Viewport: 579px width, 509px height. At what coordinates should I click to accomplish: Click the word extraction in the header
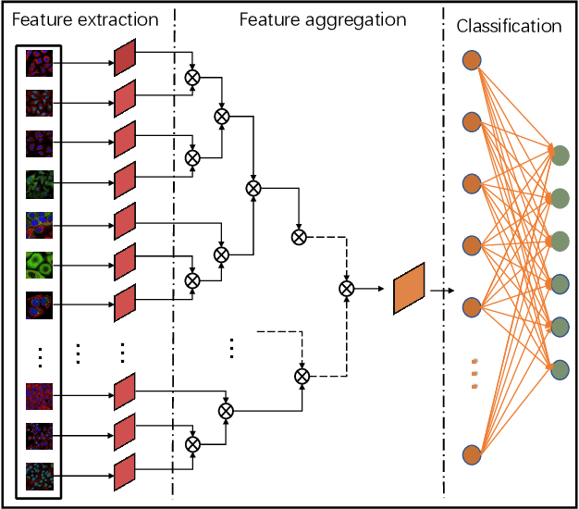(121, 19)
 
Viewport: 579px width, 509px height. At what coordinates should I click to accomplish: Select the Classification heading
(509, 27)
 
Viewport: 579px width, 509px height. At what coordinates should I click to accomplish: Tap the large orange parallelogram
(408, 288)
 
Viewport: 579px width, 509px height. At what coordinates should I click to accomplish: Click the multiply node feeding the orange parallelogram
(346, 289)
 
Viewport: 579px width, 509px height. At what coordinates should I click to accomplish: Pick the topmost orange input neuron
(472, 62)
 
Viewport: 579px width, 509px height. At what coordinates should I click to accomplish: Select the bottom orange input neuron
(472, 454)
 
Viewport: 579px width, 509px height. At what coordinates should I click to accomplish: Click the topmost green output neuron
(560, 155)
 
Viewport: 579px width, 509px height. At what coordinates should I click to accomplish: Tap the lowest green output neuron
(560, 369)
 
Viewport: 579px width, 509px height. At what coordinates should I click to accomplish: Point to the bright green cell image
(40, 266)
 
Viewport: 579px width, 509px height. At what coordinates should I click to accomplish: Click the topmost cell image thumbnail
(40, 62)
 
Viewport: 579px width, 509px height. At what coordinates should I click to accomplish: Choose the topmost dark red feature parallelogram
(125, 62)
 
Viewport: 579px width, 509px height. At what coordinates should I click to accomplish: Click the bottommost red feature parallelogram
(125, 472)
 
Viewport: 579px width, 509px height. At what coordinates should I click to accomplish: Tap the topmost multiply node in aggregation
(192, 77)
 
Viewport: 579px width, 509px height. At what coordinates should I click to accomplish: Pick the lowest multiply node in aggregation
(192, 445)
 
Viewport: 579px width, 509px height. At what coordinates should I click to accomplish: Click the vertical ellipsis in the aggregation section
(231, 349)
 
